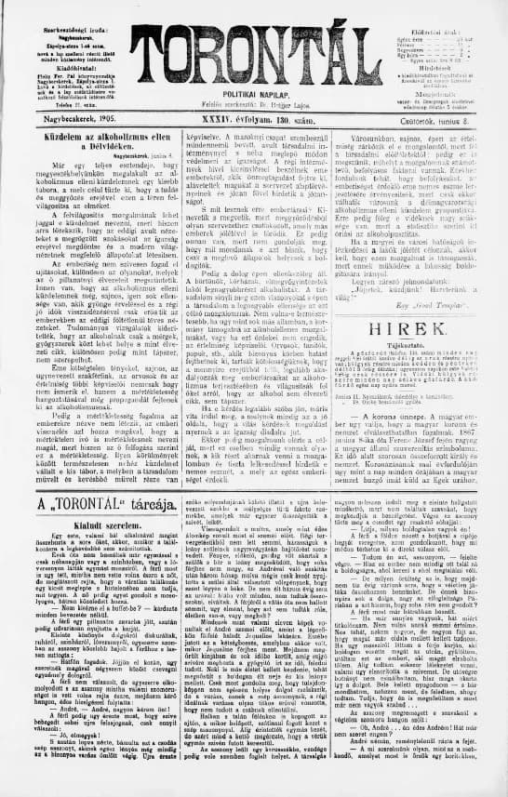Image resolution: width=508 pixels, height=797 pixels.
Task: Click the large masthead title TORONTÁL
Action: click(x=252, y=38)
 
